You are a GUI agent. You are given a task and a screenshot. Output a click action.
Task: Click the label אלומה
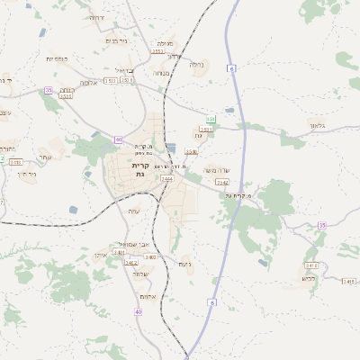pos(88,82)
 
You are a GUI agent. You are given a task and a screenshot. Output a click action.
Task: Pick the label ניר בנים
pos(116,40)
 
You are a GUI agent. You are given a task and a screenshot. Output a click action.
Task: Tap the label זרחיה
pos(96,18)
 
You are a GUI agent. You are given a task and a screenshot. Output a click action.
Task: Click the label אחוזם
pos(149,298)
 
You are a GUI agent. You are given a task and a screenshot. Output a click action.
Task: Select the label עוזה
pos(134,211)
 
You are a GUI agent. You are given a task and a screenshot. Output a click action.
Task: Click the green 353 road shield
pos(211,119)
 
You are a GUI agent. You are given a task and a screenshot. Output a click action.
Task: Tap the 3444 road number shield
pos(167,179)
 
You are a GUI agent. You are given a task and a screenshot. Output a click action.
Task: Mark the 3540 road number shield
pos(192,151)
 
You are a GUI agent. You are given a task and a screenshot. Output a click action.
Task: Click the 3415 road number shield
pos(311,265)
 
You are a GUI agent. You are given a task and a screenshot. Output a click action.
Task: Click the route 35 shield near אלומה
pos(48,90)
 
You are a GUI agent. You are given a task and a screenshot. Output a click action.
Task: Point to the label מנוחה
pos(161,73)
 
